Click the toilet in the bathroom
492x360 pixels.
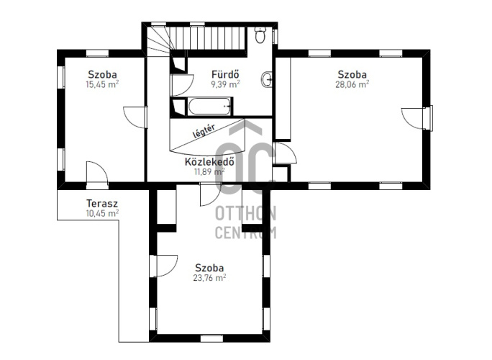click(x=260, y=35)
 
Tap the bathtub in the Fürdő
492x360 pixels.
click(x=209, y=107)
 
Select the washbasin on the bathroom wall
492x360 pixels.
click(x=266, y=79)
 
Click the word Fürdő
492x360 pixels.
click(x=226, y=74)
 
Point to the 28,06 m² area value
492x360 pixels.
click(x=352, y=84)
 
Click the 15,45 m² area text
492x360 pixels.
click(x=102, y=84)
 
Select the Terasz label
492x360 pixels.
click(x=102, y=203)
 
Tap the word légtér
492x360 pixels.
click(x=204, y=131)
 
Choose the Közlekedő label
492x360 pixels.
click(x=209, y=161)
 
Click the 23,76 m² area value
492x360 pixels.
click(x=209, y=278)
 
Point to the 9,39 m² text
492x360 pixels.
click(x=226, y=84)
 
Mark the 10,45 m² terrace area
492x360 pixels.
click(x=102, y=213)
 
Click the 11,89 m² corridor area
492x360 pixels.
click(x=209, y=171)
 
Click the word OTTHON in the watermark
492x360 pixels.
click(x=246, y=214)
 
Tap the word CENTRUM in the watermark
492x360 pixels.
click(x=246, y=233)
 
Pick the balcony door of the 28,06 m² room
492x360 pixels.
click(x=416, y=118)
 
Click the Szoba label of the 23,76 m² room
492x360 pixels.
click(x=209, y=268)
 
